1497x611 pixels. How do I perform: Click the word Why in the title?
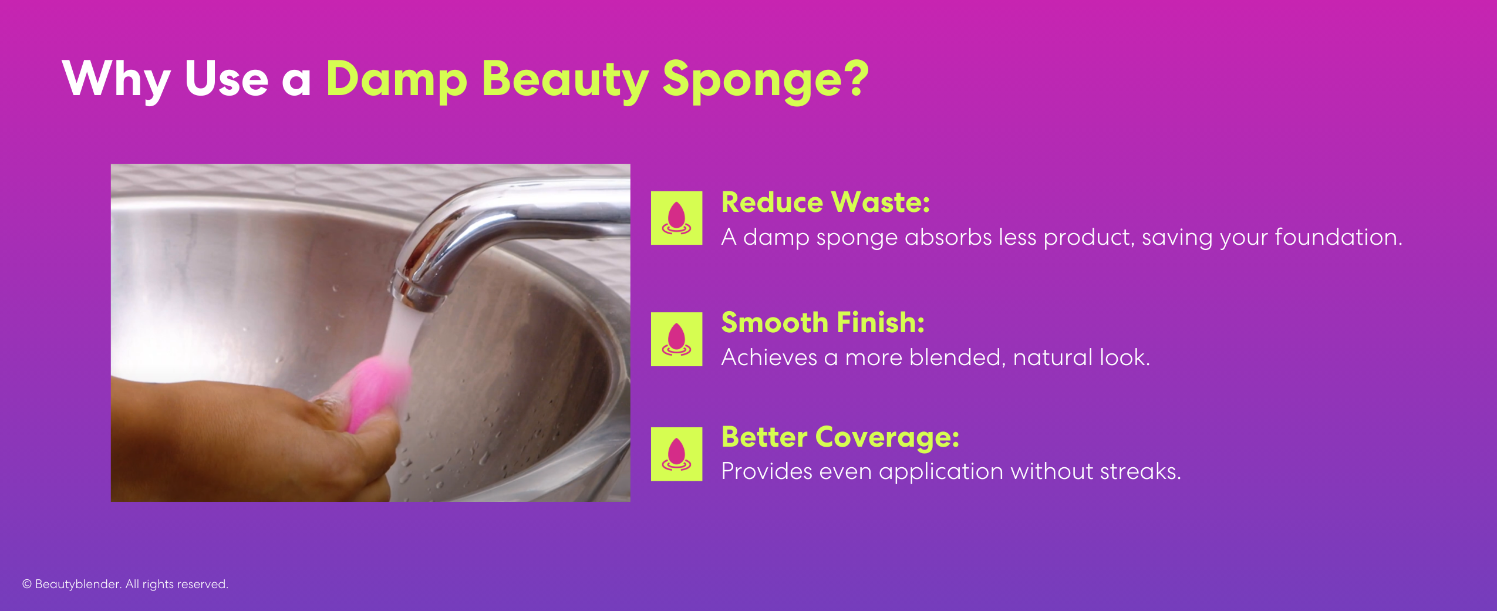pos(116,79)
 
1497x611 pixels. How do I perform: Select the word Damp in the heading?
pos(396,79)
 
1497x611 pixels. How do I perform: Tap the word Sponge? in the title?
pos(765,79)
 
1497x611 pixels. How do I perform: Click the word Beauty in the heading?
pos(565,79)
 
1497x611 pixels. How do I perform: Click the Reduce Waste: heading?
pos(825,202)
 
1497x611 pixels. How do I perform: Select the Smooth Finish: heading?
pos(822,323)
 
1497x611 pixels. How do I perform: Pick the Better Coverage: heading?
pos(840,437)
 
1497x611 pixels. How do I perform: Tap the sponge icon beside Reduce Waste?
pos(676,218)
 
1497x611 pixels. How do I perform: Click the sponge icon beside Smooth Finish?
pos(676,339)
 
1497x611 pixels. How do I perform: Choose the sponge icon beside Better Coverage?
pos(676,454)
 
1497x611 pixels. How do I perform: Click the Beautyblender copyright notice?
pos(125,584)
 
